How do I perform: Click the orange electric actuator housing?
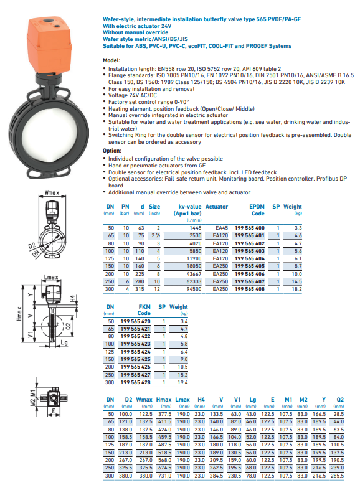tap(50, 44)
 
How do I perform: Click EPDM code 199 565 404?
tap(250, 258)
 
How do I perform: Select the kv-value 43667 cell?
tap(194, 274)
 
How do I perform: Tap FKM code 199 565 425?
tap(135, 359)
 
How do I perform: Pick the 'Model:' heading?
tap(111, 60)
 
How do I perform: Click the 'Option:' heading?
tap(112, 151)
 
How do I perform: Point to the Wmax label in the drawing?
tap(52, 193)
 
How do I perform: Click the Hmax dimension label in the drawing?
tap(19, 313)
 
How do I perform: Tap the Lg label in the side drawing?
tap(64, 342)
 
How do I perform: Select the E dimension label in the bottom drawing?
tap(54, 412)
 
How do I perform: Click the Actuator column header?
tap(217, 207)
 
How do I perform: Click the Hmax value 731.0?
tap(164, 476)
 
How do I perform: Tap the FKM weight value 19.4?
tap(182, 382)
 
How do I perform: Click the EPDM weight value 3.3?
tap(298, 228)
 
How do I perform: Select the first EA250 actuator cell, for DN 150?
tap(220, 266)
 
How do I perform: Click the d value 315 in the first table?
tap(140, 289)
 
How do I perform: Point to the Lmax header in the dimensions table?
tap(182, 400)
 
